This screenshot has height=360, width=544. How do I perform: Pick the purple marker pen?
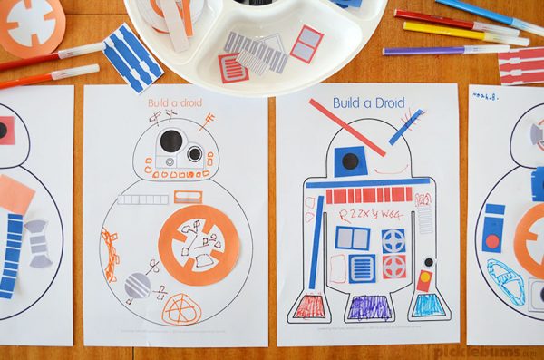click(436, 50)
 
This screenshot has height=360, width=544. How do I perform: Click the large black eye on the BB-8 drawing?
click(171, 141)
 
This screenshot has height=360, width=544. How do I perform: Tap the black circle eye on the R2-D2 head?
click(349, 161)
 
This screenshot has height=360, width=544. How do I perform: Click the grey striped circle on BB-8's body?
click(137, 287)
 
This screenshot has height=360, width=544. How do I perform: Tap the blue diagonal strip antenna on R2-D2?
click(405, 127)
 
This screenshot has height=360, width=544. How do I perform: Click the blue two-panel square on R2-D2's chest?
click(352, 238)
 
